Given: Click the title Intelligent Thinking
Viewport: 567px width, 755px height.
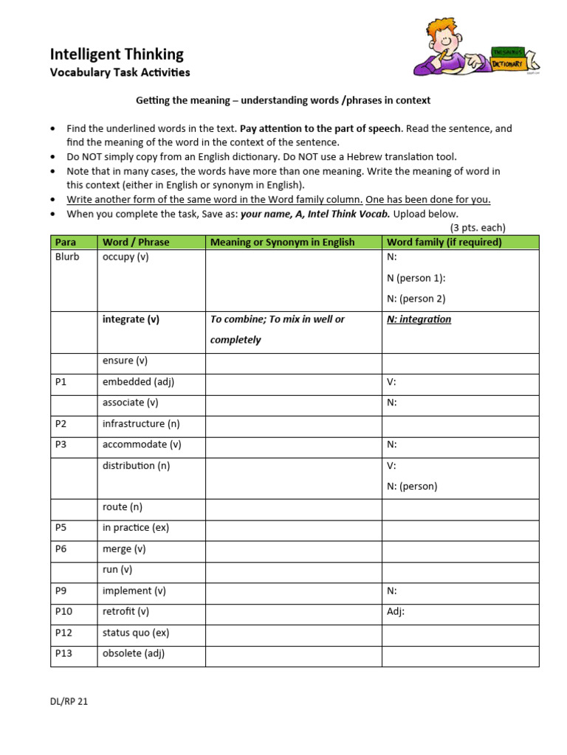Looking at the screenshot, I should click(117, 54).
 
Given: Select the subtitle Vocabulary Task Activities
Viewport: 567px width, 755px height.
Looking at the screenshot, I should click(120, 72).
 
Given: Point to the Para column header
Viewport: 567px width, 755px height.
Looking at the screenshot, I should click(65, 242).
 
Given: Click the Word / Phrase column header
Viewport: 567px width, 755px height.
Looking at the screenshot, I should click(135, 242).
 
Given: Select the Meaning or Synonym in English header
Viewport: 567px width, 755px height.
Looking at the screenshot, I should click(282, 242).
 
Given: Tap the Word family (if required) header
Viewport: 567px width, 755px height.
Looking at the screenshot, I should click(444, 242).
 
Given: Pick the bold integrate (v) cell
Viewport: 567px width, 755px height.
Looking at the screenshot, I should click(131, 319).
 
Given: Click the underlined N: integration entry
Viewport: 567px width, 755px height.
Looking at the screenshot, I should click(419, 319).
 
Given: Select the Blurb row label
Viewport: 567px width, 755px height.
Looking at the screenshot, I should click(67, 257).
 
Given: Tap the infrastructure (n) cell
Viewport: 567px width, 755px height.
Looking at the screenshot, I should click(141, 424).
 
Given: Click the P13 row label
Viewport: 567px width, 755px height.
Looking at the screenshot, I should click(63, 653).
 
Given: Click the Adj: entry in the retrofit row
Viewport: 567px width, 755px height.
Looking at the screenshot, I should click(396, 611).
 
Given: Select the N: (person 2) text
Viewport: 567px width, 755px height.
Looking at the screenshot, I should click(416, 299).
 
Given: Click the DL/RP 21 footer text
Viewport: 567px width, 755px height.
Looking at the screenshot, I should click(69, 701).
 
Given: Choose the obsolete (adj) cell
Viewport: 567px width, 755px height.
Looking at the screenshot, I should click(133, 653).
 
